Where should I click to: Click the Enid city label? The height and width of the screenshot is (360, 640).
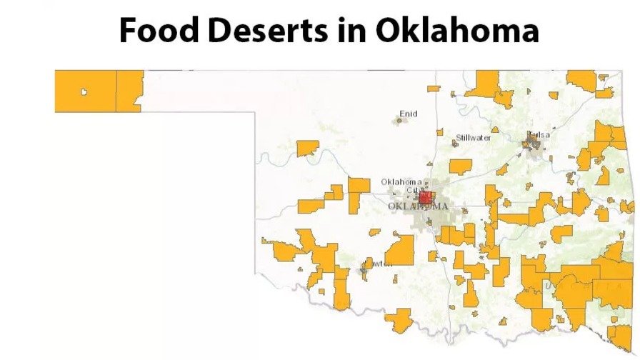[408, 113]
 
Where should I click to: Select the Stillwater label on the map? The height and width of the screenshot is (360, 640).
[474, 137]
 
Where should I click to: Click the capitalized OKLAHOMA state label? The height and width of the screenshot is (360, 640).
[419, 206]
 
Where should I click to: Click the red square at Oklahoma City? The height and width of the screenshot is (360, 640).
[426, 197]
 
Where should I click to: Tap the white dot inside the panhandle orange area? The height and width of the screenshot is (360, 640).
[84, 91]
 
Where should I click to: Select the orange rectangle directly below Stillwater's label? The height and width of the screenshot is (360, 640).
[461, 166]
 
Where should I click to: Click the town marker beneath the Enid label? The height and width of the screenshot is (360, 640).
[399, 121]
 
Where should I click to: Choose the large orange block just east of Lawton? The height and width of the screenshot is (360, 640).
[400, 250]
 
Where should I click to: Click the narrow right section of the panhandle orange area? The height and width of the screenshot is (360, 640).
[129, 90]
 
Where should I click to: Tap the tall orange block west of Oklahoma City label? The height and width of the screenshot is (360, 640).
[359, 194]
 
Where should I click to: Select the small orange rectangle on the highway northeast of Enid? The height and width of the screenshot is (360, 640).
[434, 89]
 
